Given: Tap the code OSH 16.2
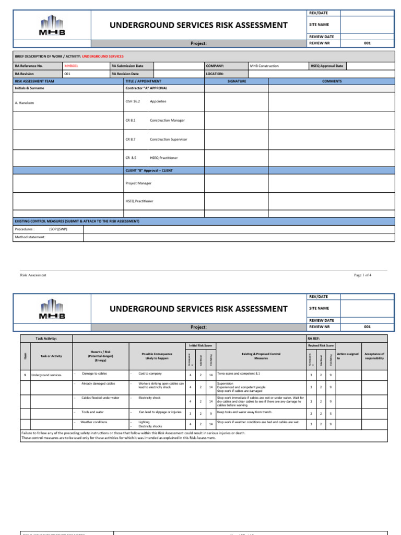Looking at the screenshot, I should pyautogui.click(x=133, y=101).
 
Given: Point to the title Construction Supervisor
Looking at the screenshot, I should pyautogui.click(x=168, y=139).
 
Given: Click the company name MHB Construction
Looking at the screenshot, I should pyautogui.click(x=264, y=66).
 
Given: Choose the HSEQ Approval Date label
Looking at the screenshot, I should pyautogui.click(x=327, y=66).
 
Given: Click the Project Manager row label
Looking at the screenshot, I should pyautogui.click(x=137, y=183).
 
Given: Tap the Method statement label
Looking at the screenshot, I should pyautogui.click(x=30, y=237).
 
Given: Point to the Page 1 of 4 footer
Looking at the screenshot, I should pyautogui.click(x=363, y=275).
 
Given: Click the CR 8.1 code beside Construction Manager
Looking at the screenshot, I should pyautogui.click(x=130, y=120).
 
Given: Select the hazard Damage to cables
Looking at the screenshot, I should pyautogui.click(x=95, y=374).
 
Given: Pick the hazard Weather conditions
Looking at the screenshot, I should pyautogui.click(x=95, y=422).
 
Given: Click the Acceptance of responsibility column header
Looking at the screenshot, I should pyautogui.click(x=374, y=356).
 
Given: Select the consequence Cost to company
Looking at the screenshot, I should pyautogui.click(x=150, y=374).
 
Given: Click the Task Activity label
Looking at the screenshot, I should pyautogui.click(x=46, y=339).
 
